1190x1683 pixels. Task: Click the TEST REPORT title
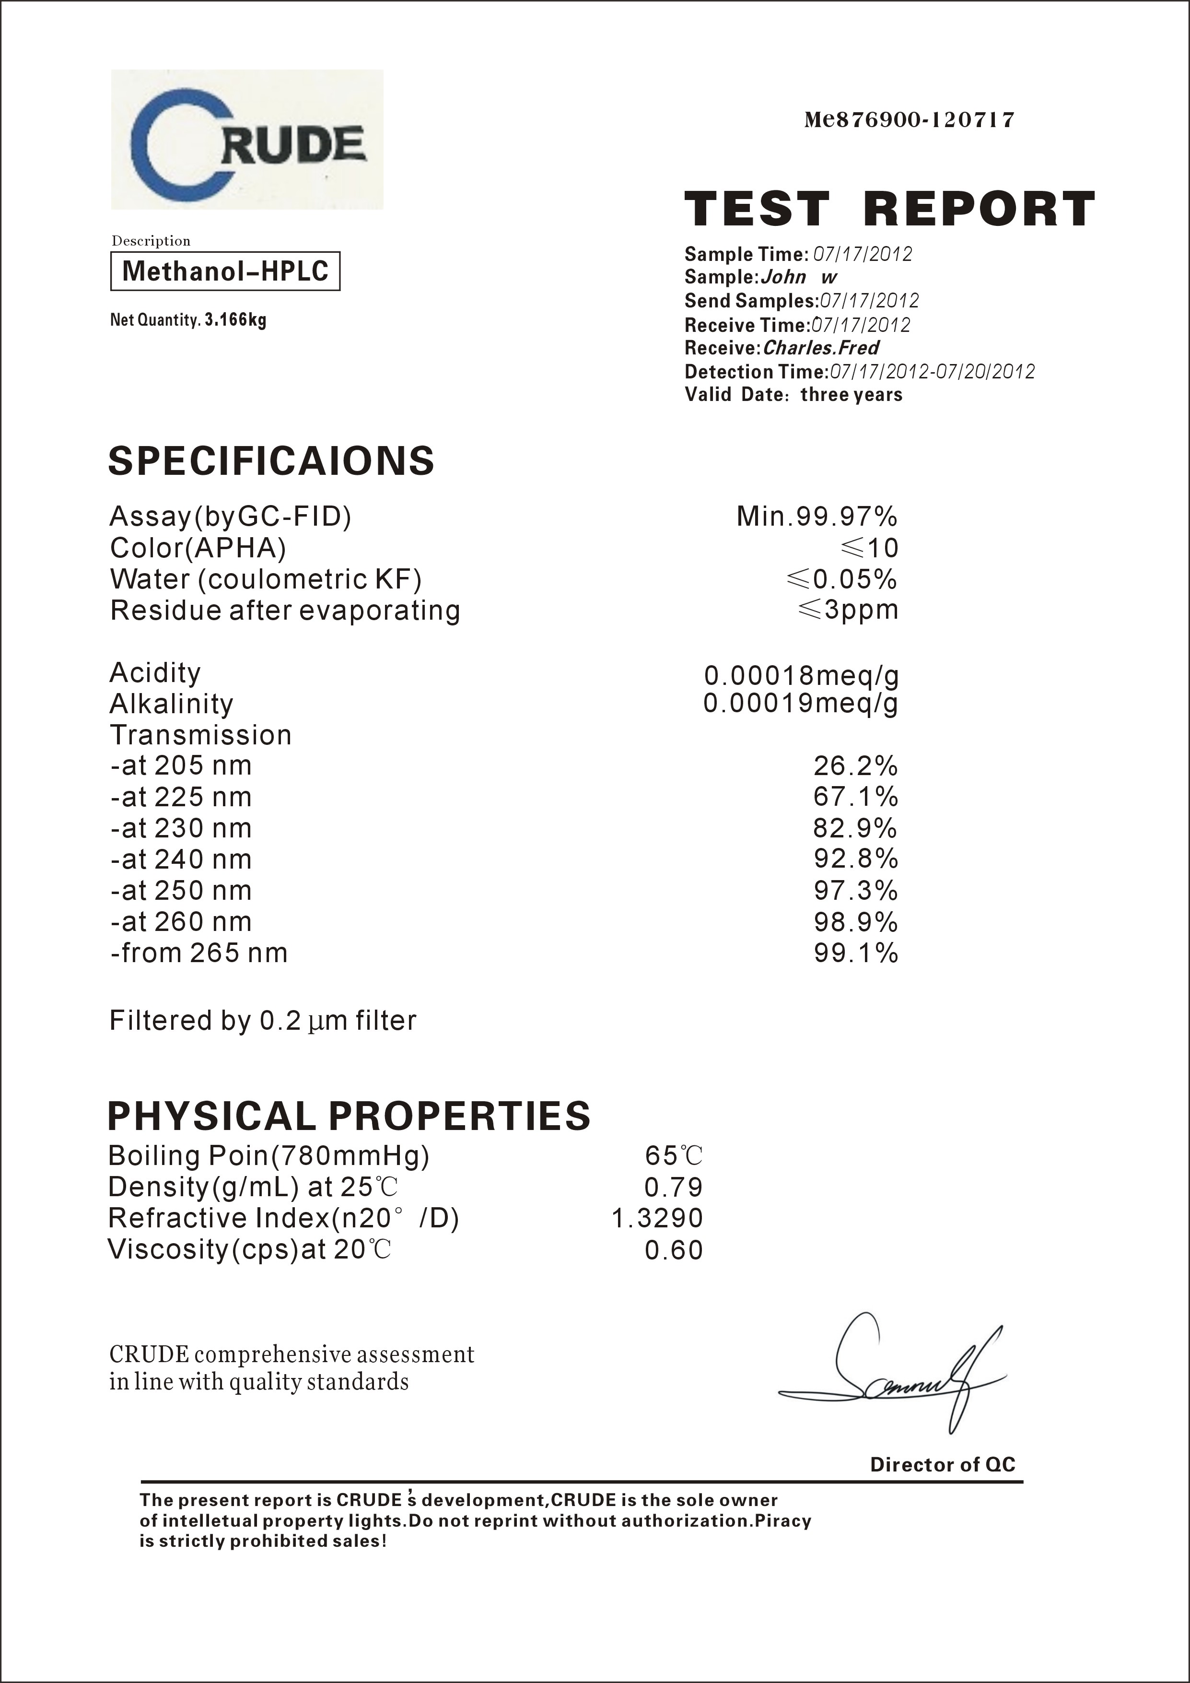[889, 209]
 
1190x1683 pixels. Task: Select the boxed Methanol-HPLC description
[225, 271]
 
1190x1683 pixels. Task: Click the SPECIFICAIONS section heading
[271, 461]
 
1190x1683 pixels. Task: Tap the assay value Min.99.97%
[817, 517]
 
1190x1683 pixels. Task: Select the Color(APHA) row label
[198, 548]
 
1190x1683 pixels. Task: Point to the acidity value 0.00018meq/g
[801, 674]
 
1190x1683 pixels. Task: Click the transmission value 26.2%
[855, 766]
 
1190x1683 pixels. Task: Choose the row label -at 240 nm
[181, 859]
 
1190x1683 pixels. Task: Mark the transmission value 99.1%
[855, 953]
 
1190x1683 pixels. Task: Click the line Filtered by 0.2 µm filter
[262, 1020]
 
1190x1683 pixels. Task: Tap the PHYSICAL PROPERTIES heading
[349, 1116]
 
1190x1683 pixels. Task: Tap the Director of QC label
[942, 1465]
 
